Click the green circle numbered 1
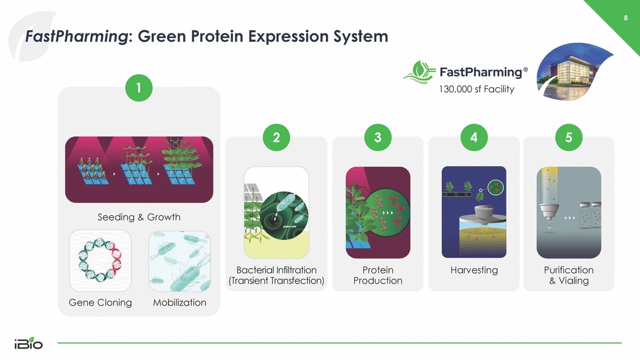point(139,88)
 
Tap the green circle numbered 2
point(276,138)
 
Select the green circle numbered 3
point(378,138)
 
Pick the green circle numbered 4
point(474,138)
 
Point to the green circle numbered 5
point(569,138)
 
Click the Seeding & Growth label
point(139,217)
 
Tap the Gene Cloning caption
point(100,302)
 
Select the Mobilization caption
point(180,302)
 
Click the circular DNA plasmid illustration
point(100,260)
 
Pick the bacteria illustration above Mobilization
point(180,261)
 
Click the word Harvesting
point(474,270)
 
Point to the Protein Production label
point(378,275)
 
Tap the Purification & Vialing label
point(569,275)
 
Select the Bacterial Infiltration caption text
point(276,275)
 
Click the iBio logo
point(28,343)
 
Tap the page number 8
point(626,18)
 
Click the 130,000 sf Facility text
point(476,89)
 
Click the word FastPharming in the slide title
point(77,36)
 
